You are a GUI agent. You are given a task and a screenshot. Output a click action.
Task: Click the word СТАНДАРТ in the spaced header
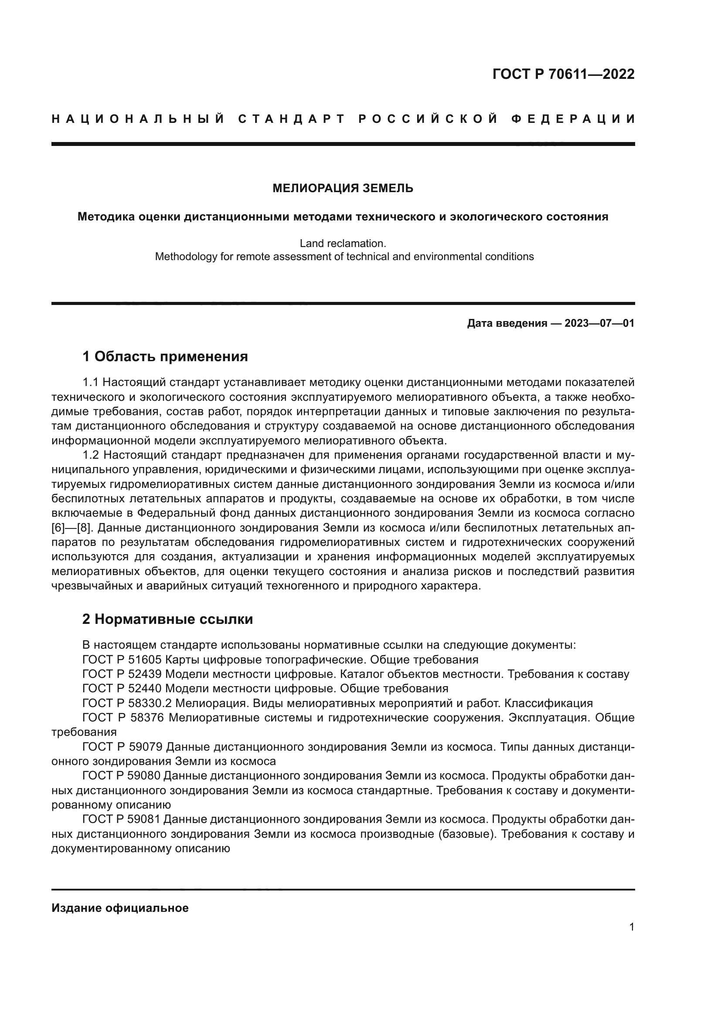click(292, 119)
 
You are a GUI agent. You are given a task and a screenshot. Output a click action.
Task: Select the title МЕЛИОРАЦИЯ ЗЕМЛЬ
click(343, 189)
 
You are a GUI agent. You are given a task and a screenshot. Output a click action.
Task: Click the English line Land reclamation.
click(343, 244)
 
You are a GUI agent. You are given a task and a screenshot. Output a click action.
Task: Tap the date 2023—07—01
click(599, 323)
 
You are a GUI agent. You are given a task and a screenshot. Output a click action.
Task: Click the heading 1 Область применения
click(165, 356)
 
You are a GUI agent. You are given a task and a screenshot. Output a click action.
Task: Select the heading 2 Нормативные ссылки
click(167, 619)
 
